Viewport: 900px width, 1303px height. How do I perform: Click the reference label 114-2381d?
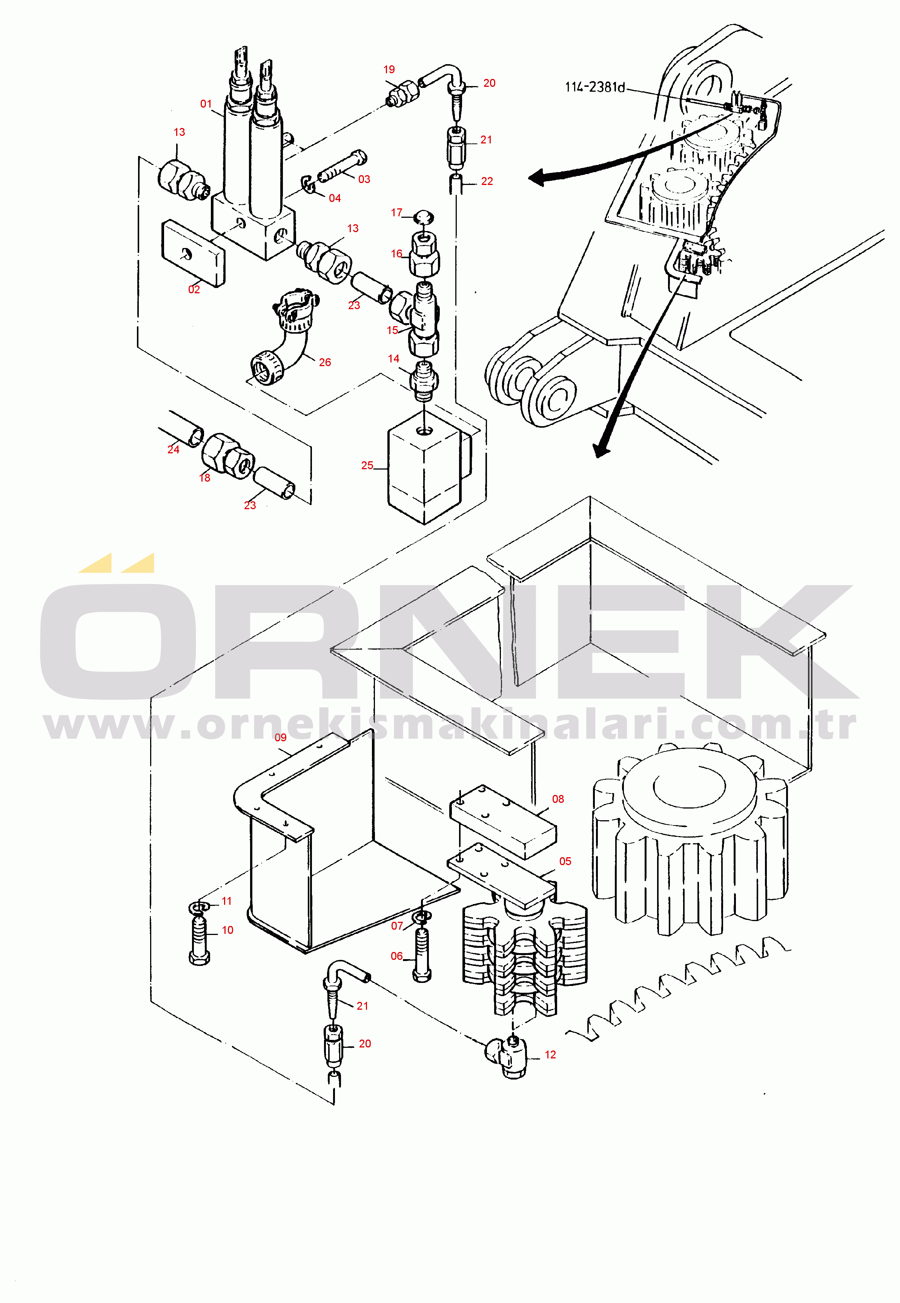pos(595,87)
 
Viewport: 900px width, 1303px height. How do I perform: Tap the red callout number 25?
pos(367,465)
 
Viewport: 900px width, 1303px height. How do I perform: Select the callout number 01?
pos(206,104)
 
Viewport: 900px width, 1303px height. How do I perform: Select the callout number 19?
pos(389,69)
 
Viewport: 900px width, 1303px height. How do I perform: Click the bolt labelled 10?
pos(199,941)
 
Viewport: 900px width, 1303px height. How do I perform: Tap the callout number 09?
pos(280,738)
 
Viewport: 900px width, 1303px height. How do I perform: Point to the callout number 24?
pos(173,449)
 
